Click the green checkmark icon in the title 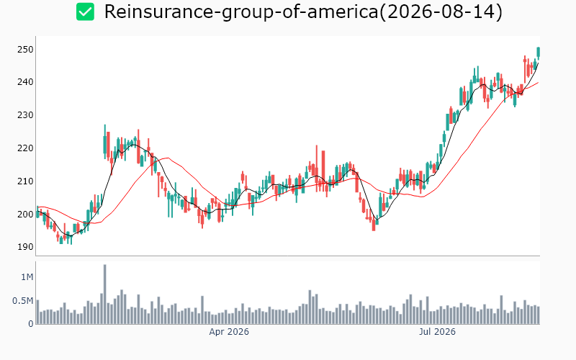pyautogui.click(x=85, y=12)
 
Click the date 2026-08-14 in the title pyautogui.click(x=441, y=12)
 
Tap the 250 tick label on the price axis pyautogui.click(x=25, y=50)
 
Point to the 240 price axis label pyautogui.click(x=25, y=82)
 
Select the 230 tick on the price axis pyautogui.click(x=25, y=115)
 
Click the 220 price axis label pyautogui.click(x=25, y=148)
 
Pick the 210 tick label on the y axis pyautogui.click(x=25, y=181)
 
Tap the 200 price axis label pyautogui.click(x=25, y=214)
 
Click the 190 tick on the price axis pyautogui.click(x=25, y=247)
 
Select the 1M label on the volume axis pyautogui.click(x=27, y=277)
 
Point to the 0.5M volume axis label pyautogui.click(x=23, y=301)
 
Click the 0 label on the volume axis pyautogui.click(x=31, y=324)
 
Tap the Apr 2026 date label pyautogui.click(x=229, y=332)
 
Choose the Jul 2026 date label pyautogui.click(x=437, y=332)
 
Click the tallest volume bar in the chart pyautogui.click(x=104, y=294)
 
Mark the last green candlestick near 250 pyautogui.click(x=539, y=53)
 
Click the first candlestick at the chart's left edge pyautogui.click(x=37, y=212)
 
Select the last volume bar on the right pyautogui.click(x=539, y=315)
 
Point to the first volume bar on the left pyautogui.click(x=37, y=312)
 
